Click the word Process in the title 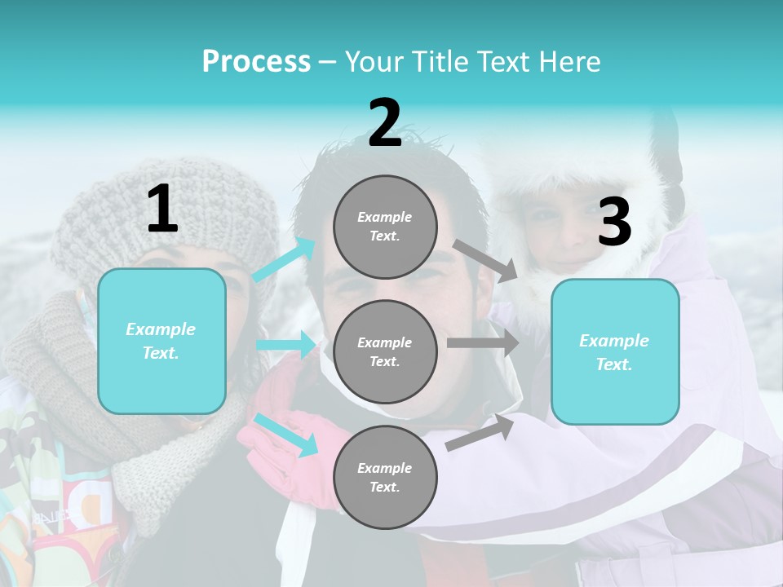(x=256, y=61)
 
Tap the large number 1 (x=162, y=210)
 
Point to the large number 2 (x=385, y=123)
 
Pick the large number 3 (x=614, y=223)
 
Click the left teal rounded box (x=161, y=341)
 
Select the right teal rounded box (x=615, y=352)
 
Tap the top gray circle (x=385, y=227)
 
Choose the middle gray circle (x=385, y=351)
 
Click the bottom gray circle (x=385, y=477)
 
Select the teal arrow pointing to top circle (x=285, y=258)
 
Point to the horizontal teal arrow (x=286, y=345)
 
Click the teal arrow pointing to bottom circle (x=286, y=434)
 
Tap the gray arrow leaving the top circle (x=485, y=260)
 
